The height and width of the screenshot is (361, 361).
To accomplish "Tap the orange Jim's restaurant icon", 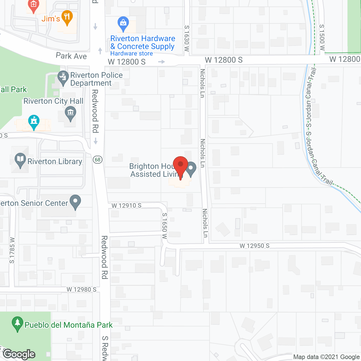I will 67,17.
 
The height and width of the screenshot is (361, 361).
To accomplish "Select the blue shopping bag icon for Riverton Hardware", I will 123,23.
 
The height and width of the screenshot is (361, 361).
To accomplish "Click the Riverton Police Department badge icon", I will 63,77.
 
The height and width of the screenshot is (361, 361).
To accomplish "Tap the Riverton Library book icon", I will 20,160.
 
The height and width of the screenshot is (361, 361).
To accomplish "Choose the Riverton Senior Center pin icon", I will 75,201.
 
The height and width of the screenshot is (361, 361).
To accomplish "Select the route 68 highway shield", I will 98,160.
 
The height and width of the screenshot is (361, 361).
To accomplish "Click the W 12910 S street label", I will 126,206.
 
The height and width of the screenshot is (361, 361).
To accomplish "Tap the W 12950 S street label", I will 254,246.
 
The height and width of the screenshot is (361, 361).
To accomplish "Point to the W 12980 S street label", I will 82,289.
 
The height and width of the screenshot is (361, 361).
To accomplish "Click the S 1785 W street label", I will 12,250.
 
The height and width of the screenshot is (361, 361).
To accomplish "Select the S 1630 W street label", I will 187,38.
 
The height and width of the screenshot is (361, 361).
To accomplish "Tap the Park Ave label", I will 71,56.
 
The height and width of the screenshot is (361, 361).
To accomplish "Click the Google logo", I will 19,354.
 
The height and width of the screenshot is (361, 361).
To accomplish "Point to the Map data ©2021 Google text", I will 327,357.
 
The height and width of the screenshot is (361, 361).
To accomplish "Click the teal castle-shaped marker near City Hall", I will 34,122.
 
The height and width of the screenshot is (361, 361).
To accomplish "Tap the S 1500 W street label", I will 322,37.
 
